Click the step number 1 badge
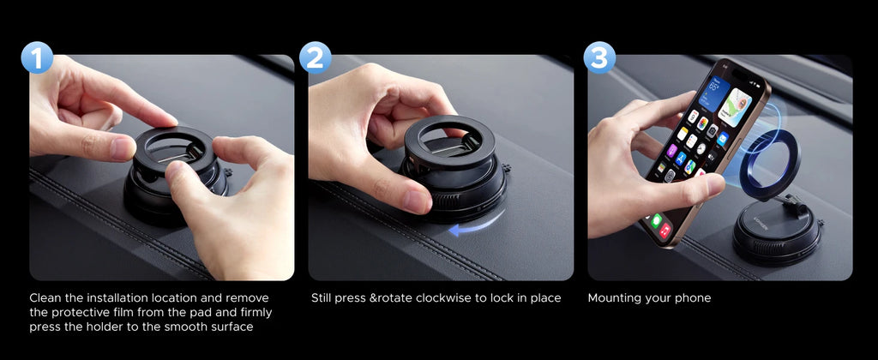37,57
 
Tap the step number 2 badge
316,57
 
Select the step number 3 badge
599,57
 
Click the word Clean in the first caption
48,297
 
